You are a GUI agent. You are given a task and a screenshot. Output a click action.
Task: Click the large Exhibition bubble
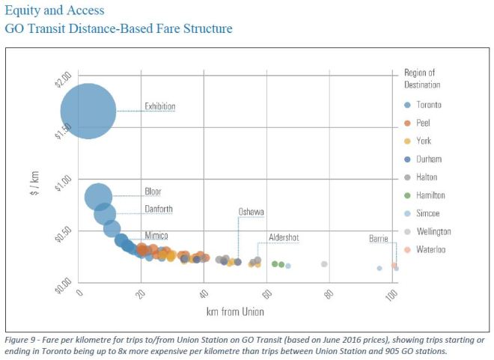coord(88,111)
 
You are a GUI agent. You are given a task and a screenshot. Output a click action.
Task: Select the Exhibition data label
coord(159,106)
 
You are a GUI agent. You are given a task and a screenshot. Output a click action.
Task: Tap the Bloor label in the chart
coord(153,192)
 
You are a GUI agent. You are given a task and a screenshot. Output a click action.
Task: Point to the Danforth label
coord(158,209)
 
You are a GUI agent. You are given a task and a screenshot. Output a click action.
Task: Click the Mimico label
coord(156,235)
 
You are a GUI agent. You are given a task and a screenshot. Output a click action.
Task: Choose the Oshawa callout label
coord(251,212)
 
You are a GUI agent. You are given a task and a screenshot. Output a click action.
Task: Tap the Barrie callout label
coord(378,239)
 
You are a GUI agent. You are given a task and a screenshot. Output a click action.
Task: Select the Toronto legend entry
coord(428,105)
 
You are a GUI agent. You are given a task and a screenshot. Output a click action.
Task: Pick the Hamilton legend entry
coord(430,195)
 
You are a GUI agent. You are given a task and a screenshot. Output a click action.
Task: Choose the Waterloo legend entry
coord(430,249)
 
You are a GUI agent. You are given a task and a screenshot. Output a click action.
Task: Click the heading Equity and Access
coord(54,10)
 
